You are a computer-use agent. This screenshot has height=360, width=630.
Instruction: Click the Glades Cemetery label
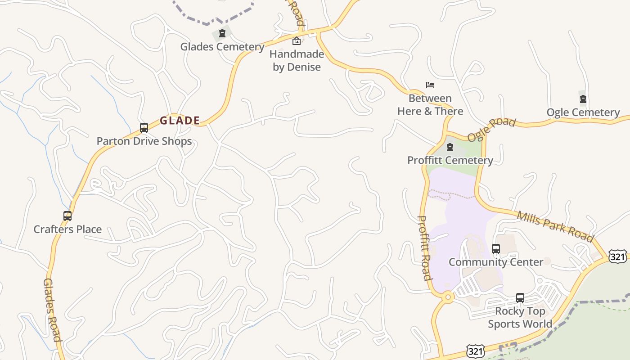pos(222,47)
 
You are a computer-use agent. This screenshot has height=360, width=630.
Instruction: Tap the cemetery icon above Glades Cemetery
pos(222,33)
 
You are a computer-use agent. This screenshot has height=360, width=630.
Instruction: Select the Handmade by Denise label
pos(297,61)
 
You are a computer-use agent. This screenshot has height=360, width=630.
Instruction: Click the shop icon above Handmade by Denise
pos(297,41)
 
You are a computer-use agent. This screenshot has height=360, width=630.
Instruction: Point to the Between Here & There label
pos(430,105)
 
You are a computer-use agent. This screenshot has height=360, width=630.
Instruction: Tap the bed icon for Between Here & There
pos(430,85)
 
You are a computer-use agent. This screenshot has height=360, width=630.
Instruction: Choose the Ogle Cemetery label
pos(583,112)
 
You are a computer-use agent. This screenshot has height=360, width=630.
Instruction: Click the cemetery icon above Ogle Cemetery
pos(583,99)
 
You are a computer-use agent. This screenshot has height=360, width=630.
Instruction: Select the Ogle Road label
pos(491,130)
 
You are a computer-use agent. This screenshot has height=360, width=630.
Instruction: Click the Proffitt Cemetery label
pos(450,160)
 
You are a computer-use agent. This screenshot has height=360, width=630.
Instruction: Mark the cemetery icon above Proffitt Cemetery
pos(450,147)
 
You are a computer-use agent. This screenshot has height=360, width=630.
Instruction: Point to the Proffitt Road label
pos(425,248)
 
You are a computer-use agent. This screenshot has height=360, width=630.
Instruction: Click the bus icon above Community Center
pos(496,249)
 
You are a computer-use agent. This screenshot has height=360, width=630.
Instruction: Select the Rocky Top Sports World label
pos(520,318)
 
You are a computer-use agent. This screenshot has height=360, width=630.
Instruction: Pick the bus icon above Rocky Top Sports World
pos(520,298)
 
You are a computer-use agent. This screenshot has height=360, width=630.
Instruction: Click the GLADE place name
pos(180,121)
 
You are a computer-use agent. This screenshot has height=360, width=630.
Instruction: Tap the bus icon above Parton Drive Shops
pos(144,128)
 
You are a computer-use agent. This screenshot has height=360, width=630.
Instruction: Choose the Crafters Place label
pos(67,229)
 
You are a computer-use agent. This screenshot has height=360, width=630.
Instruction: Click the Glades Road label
pos(52,310)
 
